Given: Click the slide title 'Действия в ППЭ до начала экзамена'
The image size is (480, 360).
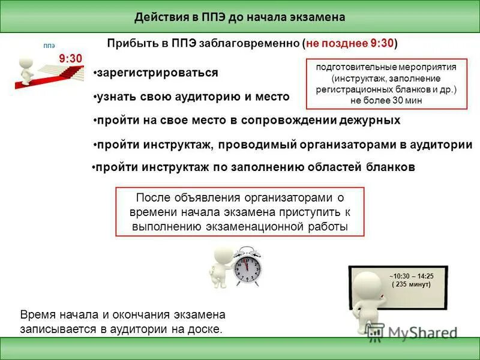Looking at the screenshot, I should (239, 17).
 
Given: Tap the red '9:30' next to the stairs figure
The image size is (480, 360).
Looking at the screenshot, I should (70, 58).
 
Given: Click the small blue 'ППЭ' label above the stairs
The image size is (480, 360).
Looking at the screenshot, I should (49, 45).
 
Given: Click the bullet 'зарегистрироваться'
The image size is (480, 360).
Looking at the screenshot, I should (157, 73).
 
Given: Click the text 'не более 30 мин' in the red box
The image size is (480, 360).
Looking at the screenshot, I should (386, 101).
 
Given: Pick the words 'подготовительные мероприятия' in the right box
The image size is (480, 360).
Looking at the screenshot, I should (386, 67).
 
